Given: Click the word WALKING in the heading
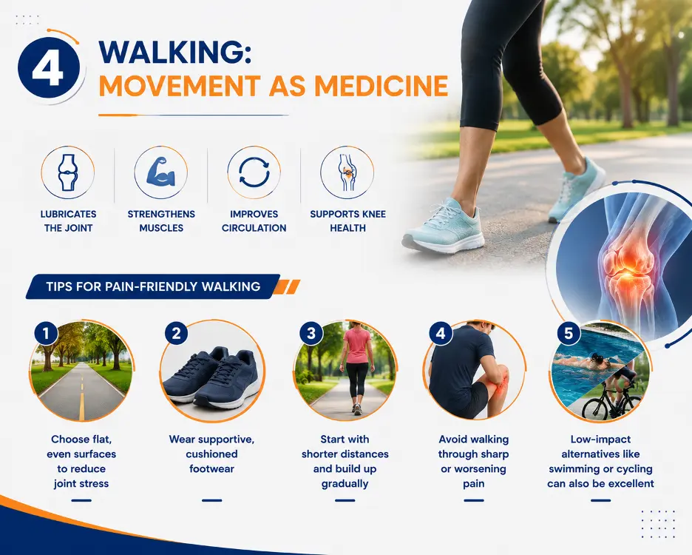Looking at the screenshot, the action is tap(175, 52).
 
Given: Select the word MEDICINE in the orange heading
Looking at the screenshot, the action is tap(381, 86).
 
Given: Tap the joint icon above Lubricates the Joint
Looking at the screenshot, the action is tap(67, 172).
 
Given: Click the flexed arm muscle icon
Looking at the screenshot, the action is tap(161, 172).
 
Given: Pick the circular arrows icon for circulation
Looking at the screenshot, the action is tap(254, 172).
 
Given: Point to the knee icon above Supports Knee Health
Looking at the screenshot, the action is tap(347, 172).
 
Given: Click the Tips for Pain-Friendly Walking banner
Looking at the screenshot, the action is tap(153, 286).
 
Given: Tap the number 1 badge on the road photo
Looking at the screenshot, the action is tap(46, 333).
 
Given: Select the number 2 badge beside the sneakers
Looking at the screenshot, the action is tap(176, 333).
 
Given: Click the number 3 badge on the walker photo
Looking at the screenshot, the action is tap(311, 333).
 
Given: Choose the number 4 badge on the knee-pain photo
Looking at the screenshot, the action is tap(441, 333).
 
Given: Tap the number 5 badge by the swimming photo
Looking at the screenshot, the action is tap(569, 333).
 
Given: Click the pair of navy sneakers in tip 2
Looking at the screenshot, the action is tap(213, 377).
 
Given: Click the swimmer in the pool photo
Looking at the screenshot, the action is tap(587, 363).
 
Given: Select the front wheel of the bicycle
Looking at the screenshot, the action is tap(594, 408).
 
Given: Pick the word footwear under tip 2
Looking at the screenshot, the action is tap(212, 469).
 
